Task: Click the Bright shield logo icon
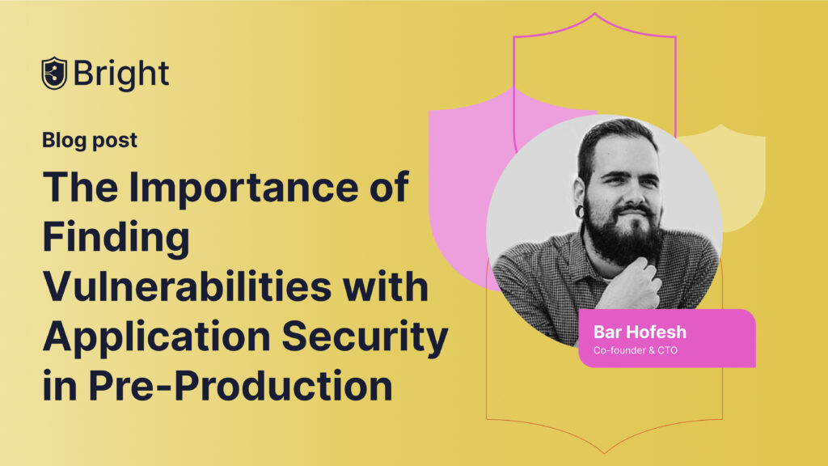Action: (x=54, y=74)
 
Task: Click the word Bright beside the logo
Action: (x=121, y=74)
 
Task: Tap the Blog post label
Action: (x=90, y=141)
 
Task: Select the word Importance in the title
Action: (x=244, y=188)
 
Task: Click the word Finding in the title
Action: (x=116, y=237)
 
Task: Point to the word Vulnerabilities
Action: (x=188, y=287)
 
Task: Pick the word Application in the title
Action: (x=157, y=337)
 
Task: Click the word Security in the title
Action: (x=365, y=337)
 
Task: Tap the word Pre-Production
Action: (x=240, y=386)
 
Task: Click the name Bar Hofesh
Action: (x=640, y=332)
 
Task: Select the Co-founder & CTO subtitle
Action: (x=636, y=350)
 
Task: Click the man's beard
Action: (x=623, y=238)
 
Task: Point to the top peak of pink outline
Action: (x=594, y=13)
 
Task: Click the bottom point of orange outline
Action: (x=605, y=453)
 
